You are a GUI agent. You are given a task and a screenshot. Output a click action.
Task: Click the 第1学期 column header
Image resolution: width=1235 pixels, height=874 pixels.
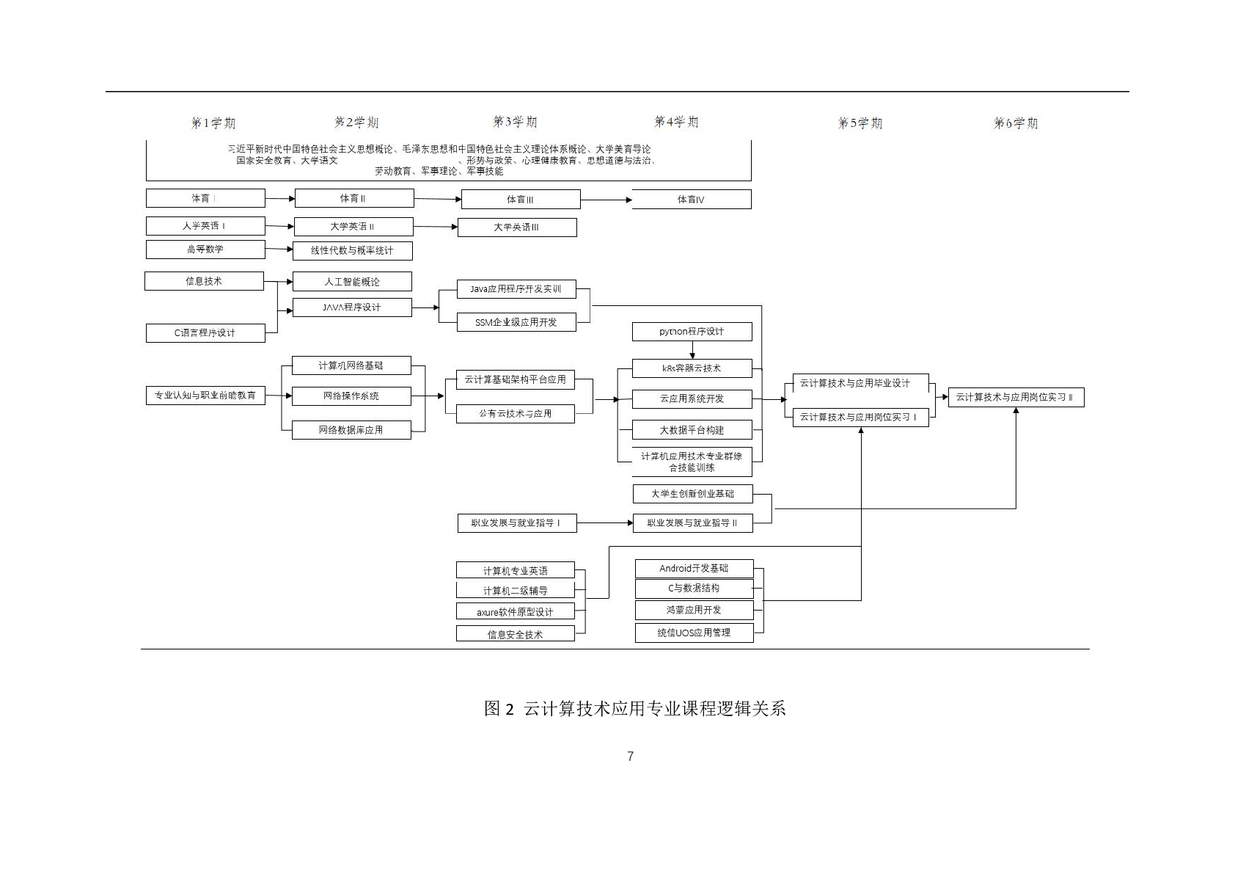pos(213,123)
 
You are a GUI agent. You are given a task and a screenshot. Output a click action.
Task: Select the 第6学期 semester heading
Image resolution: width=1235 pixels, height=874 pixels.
pos(1016,123)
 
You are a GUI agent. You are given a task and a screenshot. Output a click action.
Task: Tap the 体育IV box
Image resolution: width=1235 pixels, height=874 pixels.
pos(691,200)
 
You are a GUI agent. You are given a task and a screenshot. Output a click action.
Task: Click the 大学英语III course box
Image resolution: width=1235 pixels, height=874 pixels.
pos(516,227)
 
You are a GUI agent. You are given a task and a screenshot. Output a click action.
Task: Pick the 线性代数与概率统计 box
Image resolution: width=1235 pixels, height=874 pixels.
pos(352,251)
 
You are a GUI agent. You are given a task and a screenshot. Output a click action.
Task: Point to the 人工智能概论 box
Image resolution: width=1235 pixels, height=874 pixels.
pos(352,282)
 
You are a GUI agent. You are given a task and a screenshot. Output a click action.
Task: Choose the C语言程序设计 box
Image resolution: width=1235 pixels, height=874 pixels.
pos(205,333)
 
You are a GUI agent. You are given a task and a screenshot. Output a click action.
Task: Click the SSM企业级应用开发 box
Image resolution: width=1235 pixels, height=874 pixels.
pos(516,322)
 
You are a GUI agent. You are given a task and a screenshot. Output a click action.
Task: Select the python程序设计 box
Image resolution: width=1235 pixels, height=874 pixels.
pos(692,332)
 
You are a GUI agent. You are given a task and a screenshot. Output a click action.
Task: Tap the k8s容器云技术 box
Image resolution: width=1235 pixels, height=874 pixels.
pos(692,368)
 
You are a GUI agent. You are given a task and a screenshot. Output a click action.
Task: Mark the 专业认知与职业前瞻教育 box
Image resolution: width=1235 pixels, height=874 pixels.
pos(205,396)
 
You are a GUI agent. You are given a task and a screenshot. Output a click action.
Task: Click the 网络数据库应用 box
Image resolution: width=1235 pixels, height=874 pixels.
pos(351,430)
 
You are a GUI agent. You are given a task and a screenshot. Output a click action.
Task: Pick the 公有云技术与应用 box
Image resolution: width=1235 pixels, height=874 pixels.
pos(515,414)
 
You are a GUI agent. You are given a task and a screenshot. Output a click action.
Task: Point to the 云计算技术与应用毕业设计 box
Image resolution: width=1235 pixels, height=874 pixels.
pos(860,383)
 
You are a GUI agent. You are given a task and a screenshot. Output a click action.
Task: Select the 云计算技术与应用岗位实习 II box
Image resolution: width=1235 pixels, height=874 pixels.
pos(1016,398)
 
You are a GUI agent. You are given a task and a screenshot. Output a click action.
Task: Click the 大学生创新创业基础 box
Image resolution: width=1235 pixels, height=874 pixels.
pos(692,494)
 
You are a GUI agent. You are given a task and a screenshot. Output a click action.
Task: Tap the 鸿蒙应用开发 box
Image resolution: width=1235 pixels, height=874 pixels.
pos(694,611)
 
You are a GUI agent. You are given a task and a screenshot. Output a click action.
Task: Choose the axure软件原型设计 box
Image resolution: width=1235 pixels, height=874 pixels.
pos(515,612)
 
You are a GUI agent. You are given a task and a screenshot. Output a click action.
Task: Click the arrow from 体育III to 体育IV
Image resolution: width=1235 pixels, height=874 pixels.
pos(606,200)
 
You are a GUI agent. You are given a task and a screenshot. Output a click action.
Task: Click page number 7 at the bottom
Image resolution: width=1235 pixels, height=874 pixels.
pos(630,757)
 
